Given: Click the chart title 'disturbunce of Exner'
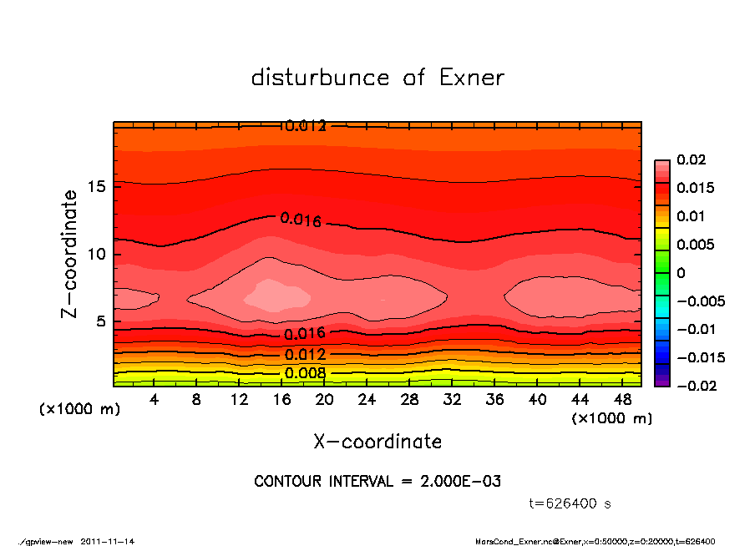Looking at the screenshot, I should click(377, 78).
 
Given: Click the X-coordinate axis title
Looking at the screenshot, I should click(377, 442).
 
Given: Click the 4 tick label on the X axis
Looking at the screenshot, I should click(155, 399).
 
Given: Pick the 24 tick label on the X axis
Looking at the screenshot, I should click(367, 399).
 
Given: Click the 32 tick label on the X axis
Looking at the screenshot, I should click(452, 399).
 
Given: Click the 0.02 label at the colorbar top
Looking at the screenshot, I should click(690, 159).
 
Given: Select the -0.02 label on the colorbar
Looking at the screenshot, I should click(694, 386).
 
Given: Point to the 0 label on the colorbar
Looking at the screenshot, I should click(681, 273).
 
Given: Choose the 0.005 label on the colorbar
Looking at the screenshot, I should click(694, 245).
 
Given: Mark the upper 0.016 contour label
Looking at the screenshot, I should click(301, 220).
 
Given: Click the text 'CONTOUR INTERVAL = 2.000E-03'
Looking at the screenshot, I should click(377, 482).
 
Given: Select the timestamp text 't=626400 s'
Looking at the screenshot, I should click(570, 503).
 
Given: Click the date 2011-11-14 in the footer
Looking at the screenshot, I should click(108, 541).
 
